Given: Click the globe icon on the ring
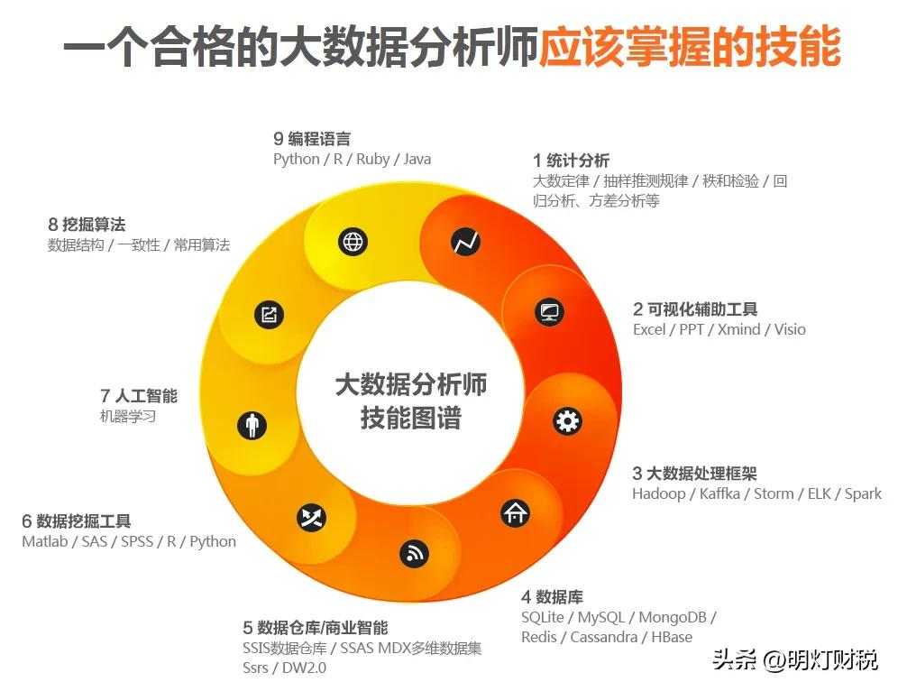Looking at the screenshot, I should click(x=353, y=242).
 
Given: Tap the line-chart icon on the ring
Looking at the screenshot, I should click(x=466, y=242).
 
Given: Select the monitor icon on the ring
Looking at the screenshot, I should click(x=548, y=313).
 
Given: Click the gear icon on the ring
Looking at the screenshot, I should click(x=567, y=420).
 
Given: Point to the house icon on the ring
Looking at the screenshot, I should click(x=515, y=513).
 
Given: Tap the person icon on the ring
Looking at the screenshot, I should click(x=252, y=425).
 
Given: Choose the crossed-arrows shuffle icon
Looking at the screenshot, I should click(x=311, y=518).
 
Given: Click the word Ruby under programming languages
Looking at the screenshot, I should click(x=372, y=160).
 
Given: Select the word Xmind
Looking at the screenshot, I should click(x=738, y=329).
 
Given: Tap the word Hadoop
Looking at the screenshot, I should click(x=658, y=493).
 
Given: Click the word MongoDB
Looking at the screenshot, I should click(x=673, y=617).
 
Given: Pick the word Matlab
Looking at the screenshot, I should click(x=45, y=541).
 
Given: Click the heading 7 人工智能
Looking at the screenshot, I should click(x=139, y=396).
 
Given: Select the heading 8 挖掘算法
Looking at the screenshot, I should click(x=87, y=225).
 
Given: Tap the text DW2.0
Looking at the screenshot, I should click(x=304, y=668).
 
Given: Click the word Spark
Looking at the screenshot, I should click(x=863, y=493).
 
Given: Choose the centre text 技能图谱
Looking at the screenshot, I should click(x=410, y=418).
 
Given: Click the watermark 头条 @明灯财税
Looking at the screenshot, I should click(x=794, y=659).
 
